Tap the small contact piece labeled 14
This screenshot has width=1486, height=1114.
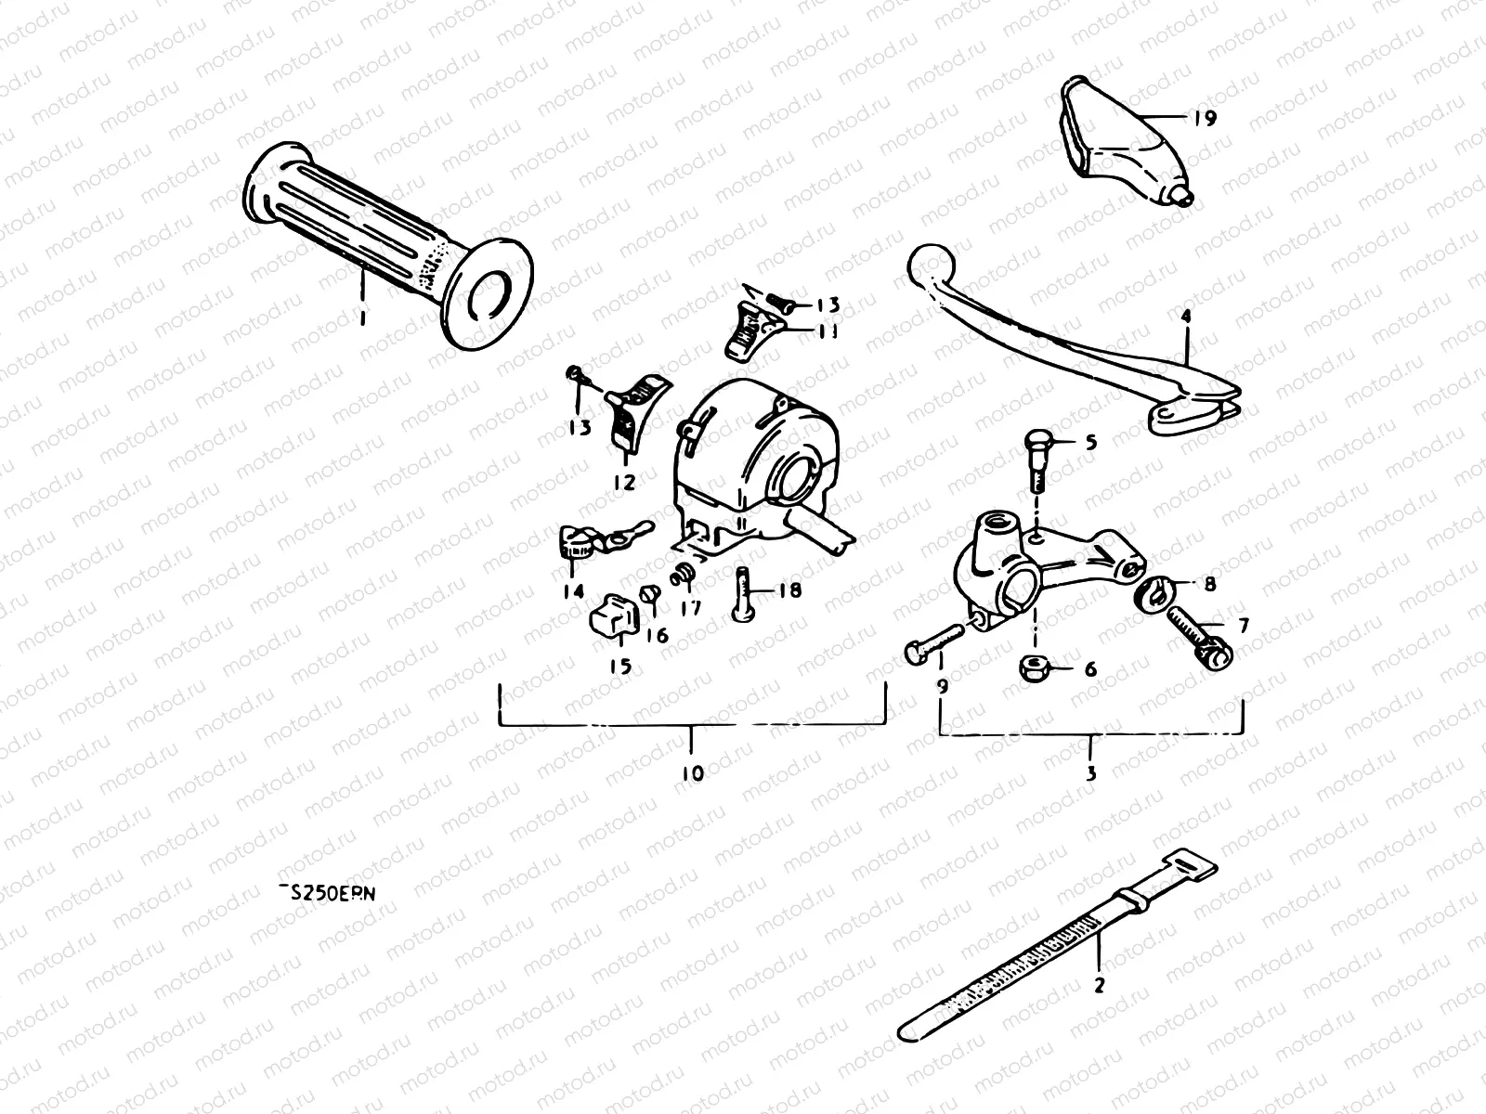point(580,543)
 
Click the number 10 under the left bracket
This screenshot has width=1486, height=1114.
point(693,772)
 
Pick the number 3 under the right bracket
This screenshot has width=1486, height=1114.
point(1091,772)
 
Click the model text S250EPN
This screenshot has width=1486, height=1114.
point(332,893)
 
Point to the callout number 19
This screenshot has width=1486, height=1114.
point(1206,119)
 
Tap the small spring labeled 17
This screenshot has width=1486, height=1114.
point(683,576)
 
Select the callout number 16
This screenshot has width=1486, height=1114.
point(657,637)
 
